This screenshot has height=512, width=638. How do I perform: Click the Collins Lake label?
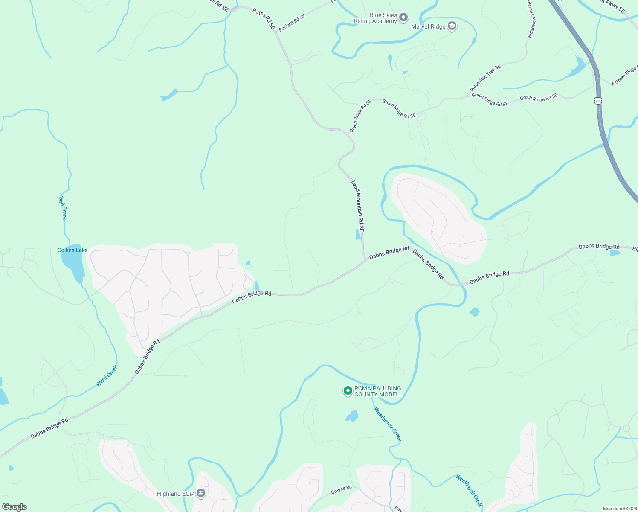[72, 250]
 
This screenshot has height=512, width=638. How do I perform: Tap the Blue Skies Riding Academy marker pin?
[403, 18]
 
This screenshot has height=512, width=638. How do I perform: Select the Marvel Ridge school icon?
[452, 26]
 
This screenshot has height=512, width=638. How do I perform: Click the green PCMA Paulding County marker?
[348, 390]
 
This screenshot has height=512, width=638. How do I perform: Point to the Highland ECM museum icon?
[201, 494]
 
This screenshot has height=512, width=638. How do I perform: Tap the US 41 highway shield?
[598, 101]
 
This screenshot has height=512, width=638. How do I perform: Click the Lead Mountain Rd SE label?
[358, 206]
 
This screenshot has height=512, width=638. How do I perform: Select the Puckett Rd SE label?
[292, 23]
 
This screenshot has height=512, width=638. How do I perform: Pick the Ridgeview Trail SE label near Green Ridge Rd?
[485, 78]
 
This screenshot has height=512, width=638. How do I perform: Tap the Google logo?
[14, 507]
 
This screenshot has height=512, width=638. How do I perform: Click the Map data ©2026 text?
[620, 509]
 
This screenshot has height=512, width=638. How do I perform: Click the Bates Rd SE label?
[264, 18]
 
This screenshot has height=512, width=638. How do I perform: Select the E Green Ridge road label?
[625, 76]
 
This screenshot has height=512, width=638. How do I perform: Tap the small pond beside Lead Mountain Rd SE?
[357, 234]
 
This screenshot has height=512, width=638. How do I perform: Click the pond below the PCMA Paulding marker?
[352, 416]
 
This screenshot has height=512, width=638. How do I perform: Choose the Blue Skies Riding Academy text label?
[375, 18]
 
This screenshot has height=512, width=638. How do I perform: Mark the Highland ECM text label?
[175, 494]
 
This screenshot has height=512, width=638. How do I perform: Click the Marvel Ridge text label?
[428, 26]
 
